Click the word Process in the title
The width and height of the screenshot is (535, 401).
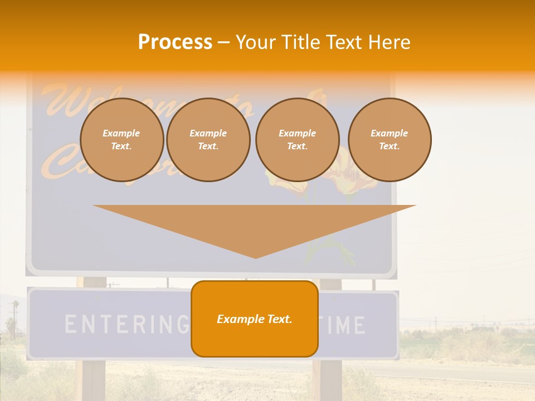(175, 42)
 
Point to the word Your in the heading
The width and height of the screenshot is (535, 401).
(255, 42)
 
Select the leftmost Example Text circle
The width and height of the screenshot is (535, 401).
(121, 140)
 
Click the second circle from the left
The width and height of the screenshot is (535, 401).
(208, 140)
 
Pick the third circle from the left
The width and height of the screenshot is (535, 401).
(297, 140)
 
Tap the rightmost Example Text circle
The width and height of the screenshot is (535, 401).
(389, 140)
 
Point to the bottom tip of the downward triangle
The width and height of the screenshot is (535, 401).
(255, 257)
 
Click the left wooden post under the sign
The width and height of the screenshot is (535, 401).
(93, 379)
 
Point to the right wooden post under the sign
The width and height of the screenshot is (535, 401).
(330, 379)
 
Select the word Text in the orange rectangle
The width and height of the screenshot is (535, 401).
(278, 319)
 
